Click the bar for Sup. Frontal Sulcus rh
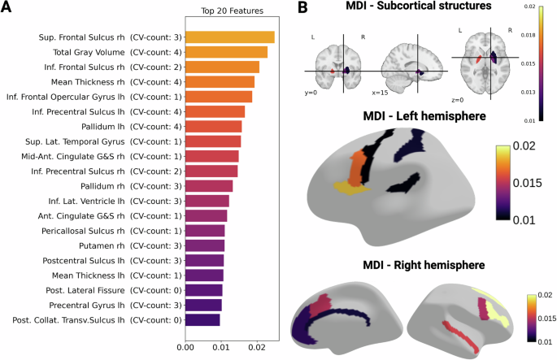[x=229, y=37]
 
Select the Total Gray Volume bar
[x=226, y=52]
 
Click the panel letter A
[x=8, y=9]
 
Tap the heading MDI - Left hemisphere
[x=413, y=117]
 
